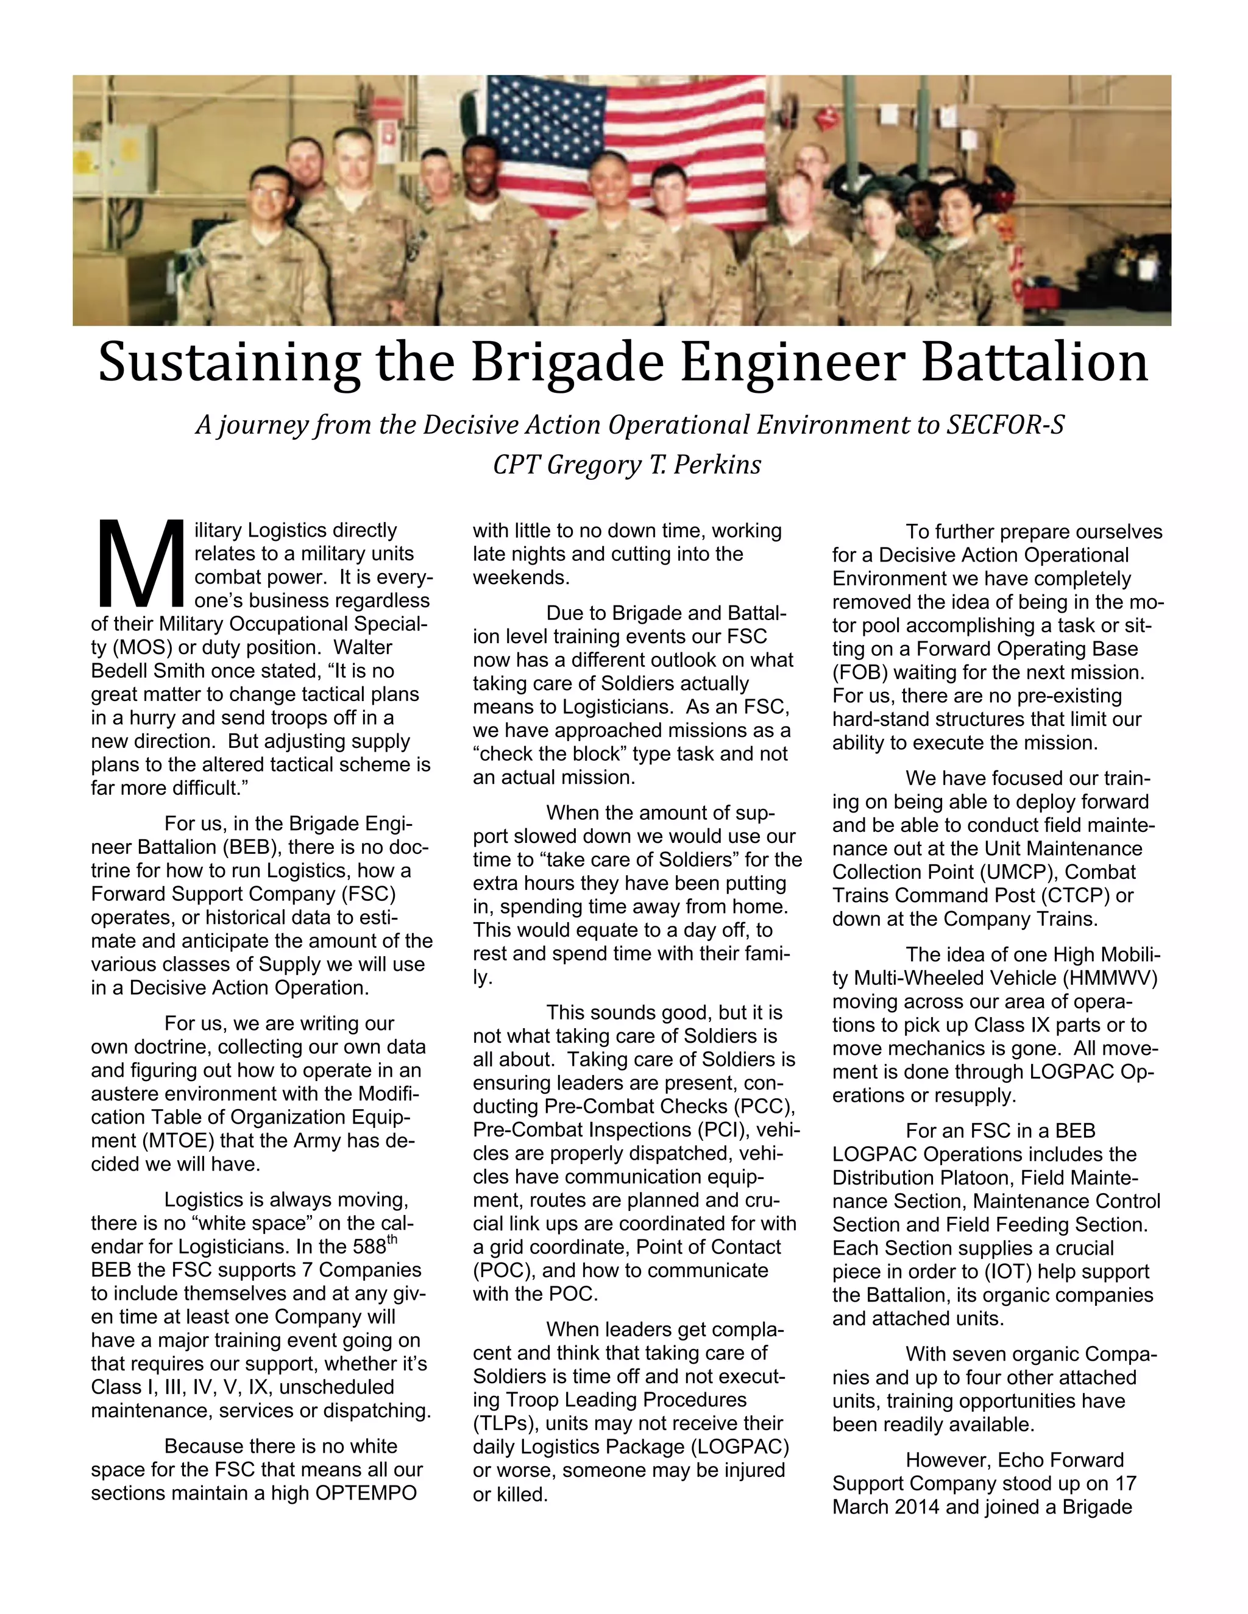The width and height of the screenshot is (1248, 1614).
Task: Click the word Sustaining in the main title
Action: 229,364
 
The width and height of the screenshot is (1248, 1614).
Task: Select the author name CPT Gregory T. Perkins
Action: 626,465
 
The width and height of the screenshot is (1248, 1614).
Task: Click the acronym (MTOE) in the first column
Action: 152,1140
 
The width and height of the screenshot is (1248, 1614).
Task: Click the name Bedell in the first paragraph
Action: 121,671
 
